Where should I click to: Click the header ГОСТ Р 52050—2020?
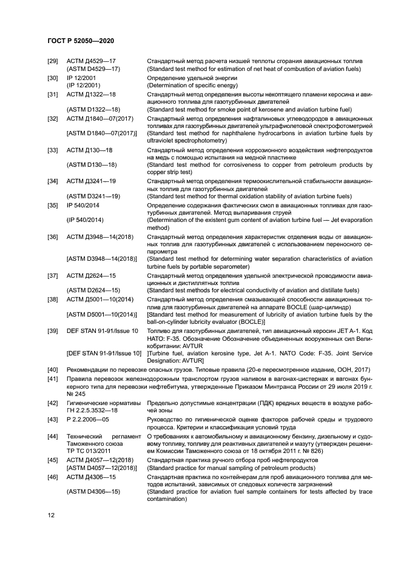tap(81, 40)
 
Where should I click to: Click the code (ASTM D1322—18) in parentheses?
tap(93, 109)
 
